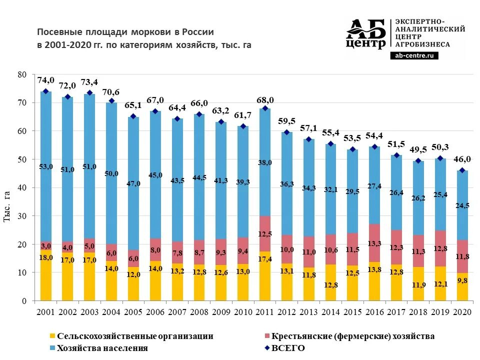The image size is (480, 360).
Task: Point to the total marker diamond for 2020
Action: (463, 170)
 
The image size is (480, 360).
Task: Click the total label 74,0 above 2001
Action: (46, 79)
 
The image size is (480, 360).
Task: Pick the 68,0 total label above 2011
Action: (265, 100)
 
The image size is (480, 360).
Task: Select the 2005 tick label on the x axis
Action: (133, 312)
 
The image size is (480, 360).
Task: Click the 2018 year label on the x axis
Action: (418, 312)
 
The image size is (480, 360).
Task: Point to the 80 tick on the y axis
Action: (21, 74)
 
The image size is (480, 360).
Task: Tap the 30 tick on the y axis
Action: (21, 216)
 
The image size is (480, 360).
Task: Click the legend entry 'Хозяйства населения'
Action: (102, 348)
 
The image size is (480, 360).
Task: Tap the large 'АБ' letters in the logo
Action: (366, 30)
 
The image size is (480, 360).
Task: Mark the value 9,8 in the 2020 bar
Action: (463, 281)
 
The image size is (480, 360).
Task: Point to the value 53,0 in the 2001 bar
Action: (46, 166)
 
